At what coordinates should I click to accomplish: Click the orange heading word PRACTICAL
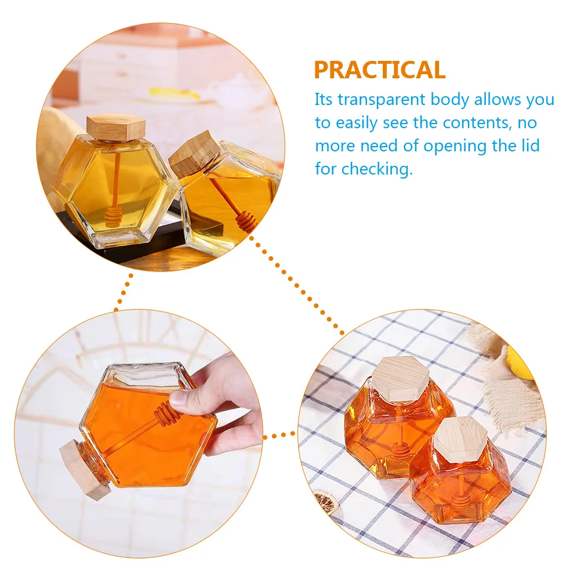click(x=380, y=70)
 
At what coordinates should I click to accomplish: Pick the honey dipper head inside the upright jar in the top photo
click(x=113, y=219)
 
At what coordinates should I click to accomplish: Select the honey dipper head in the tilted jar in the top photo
click(x=246, y=221)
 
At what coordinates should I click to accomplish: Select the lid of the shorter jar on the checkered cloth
click(x=460, y=439)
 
